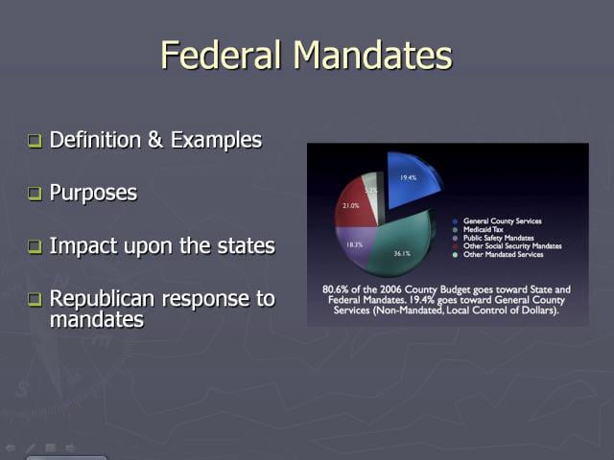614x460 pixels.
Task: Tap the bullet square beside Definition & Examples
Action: (x=35, y=142)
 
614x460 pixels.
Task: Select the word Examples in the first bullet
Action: (x=216, y=140)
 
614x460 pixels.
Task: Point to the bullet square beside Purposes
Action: (x=35, y=195)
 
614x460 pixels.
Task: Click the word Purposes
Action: (x=93, y=194)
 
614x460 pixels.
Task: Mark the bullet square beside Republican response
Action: (x=35, y=300)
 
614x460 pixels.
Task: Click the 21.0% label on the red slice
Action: (x=350, y=206)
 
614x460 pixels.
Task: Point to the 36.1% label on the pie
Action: (x=402, y=254)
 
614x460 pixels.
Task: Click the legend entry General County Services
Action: (x=502, y=221)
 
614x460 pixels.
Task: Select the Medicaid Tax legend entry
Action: (x=485, y=230)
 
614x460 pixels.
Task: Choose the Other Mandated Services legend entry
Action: (x=502, y=255)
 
